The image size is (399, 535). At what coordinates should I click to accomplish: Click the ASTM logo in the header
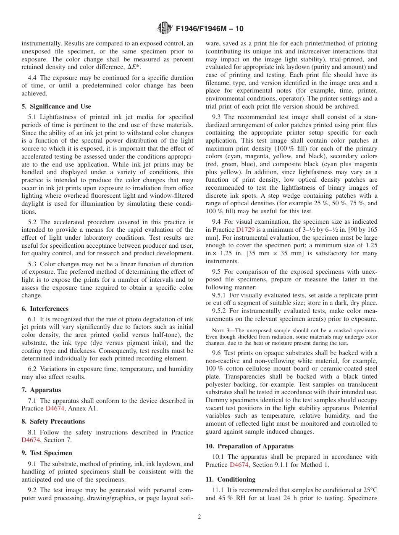click(x=164, y=29)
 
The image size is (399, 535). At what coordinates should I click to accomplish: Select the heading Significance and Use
click(x=56, y=106)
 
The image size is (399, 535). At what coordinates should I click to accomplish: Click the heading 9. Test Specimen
click(x=47, y=453)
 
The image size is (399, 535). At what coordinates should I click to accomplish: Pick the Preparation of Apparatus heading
click(x=249, y=446)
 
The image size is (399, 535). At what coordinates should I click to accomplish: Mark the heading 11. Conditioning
click(x=230, y=479)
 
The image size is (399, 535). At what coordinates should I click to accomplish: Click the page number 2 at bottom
click(x=199, y=517)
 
